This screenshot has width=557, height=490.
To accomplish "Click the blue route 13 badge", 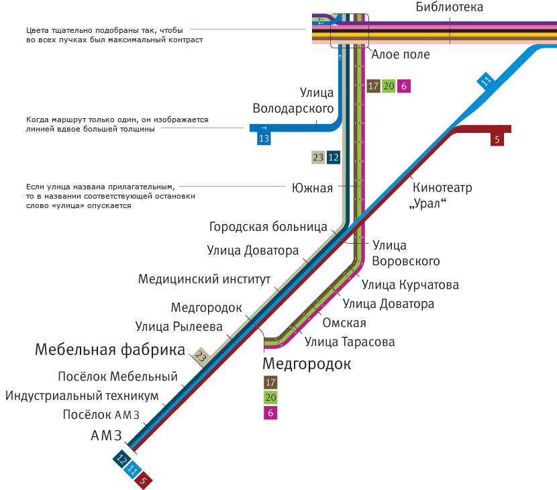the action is (x=264, y=138).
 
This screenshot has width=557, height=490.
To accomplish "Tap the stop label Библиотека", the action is (x=450, y=7).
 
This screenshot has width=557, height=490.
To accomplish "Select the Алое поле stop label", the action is (x=401, y=54).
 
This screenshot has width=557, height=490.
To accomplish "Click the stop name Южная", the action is (x=312, y=188).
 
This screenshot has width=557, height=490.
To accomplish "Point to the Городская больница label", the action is (x=268, y=227).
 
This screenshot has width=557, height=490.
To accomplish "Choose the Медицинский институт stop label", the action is (x=204, y=279).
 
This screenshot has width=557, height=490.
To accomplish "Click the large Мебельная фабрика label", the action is (x=110, y=350).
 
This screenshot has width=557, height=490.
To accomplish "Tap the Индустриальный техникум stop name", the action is (x=82, y=395).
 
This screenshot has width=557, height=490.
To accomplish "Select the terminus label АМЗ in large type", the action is (x=106, y=435).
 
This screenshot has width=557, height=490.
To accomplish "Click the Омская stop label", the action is (x=344, y=323).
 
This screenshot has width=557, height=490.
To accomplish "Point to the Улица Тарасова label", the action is (x=350, y=342).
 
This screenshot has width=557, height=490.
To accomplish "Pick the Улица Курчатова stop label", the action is (x=410, y=285).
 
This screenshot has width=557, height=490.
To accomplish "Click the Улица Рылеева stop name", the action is (x=179, y=326).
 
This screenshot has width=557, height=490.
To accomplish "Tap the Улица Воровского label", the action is (x=406, y=253).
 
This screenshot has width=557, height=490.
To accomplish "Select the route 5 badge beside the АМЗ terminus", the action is (x=143, y=480).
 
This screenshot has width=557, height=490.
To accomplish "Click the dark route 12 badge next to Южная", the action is (x=334, y=157).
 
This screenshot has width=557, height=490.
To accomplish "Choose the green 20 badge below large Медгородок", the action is (x=270, y=397).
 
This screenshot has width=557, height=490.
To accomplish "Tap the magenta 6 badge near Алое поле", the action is (x=404, y=86).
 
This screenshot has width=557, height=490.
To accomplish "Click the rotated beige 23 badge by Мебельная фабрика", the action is (x=201, y=356).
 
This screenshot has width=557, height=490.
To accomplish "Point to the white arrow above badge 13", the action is (x=264, y=128).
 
